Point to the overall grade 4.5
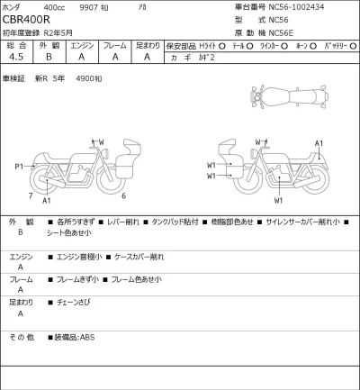click(15, 56)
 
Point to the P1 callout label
click(19, 167)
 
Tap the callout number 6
click(123, 195)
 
